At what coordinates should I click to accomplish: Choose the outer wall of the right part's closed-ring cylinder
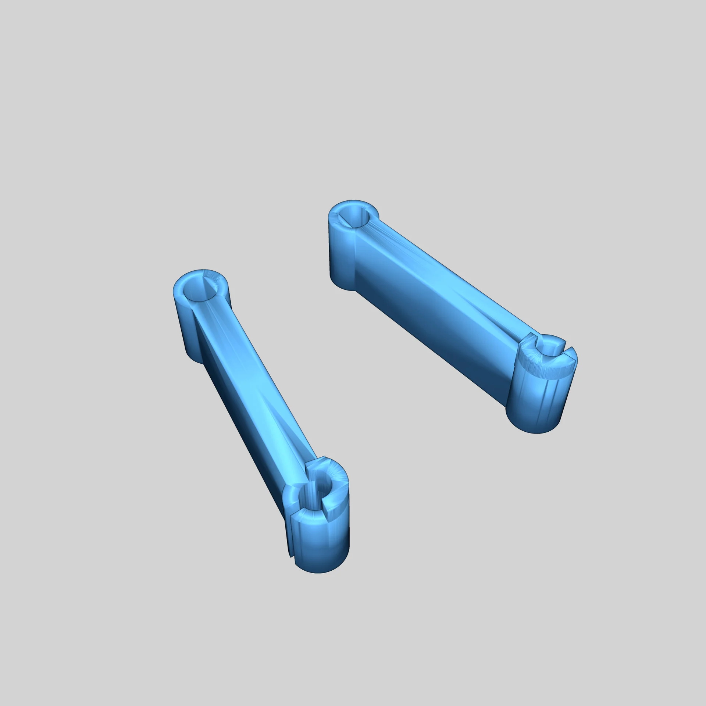click(x=340, y=257)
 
